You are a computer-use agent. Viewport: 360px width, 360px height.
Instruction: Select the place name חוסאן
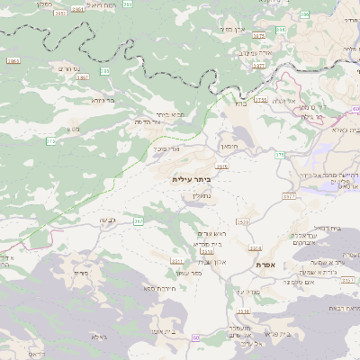[228, 144]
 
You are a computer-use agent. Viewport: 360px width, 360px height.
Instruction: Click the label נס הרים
[68, 68]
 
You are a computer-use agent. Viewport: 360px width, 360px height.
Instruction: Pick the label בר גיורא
[103, 101]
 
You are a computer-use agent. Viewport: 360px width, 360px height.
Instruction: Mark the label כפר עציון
[187, 273]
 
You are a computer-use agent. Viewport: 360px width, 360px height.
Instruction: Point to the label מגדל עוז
[247, 291]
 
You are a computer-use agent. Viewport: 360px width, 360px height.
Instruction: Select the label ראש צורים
[210, 234]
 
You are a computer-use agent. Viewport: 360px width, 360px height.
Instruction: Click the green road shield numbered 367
[138, 220]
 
